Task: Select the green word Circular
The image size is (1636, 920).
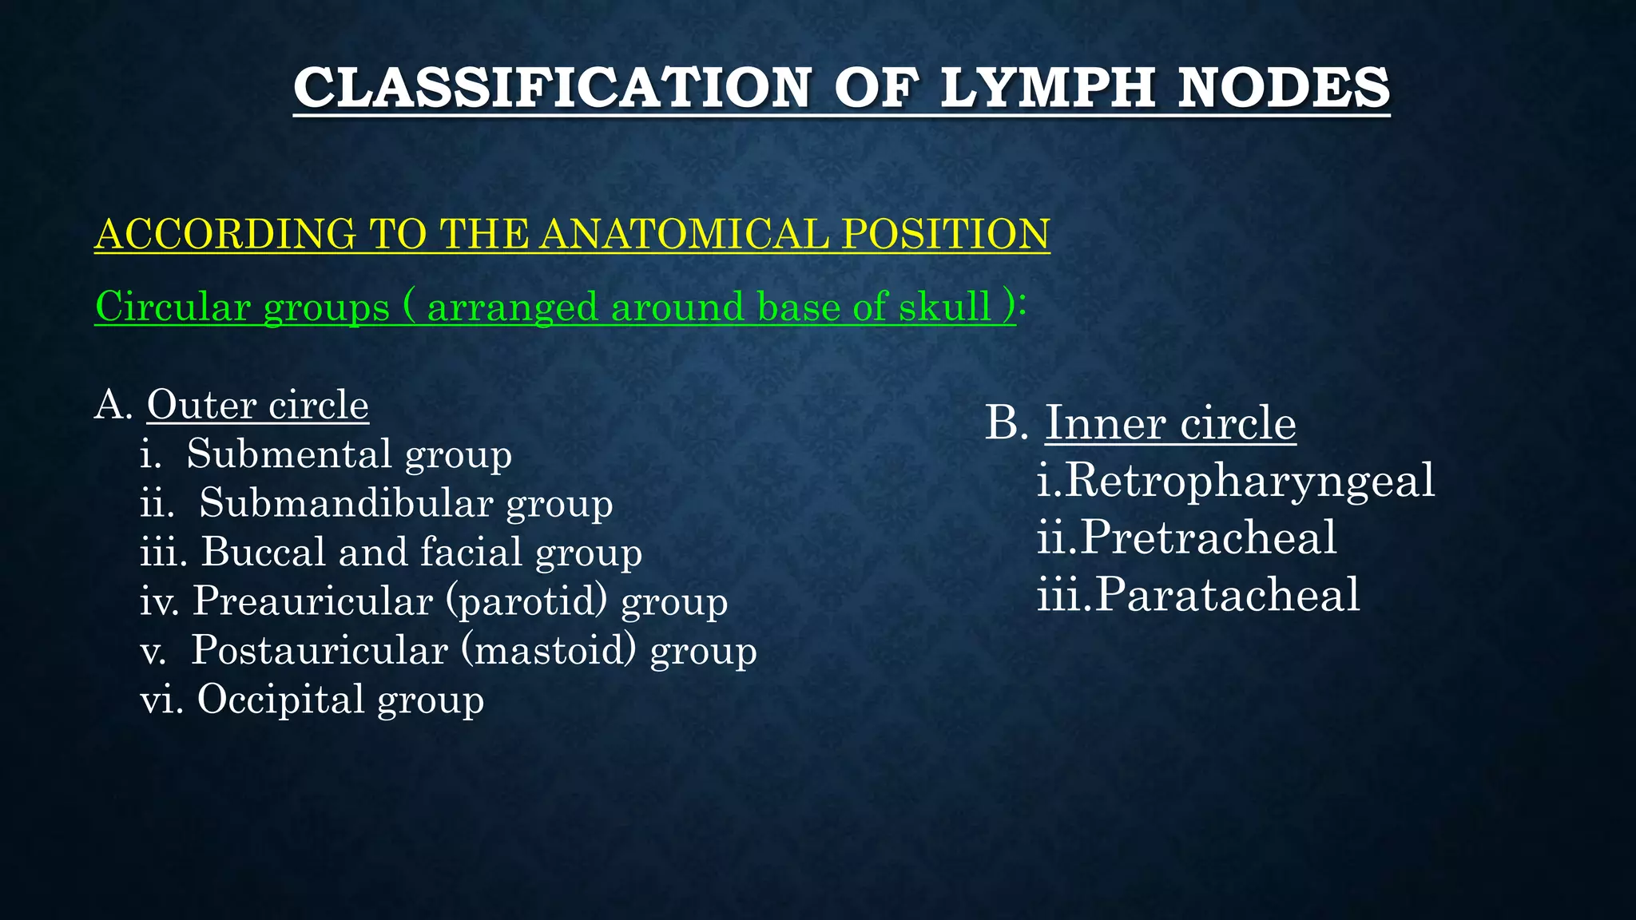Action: [173, 307]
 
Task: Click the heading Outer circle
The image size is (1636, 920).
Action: [257, 405]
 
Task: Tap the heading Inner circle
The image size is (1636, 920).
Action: [1170, 422]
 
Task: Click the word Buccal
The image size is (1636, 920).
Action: [264, 552]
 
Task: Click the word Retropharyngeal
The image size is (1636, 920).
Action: [1250, 480]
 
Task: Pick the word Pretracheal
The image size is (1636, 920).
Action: [1209, 537]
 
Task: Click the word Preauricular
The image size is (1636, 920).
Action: [312, 601]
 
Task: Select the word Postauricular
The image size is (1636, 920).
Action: [319, 650]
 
